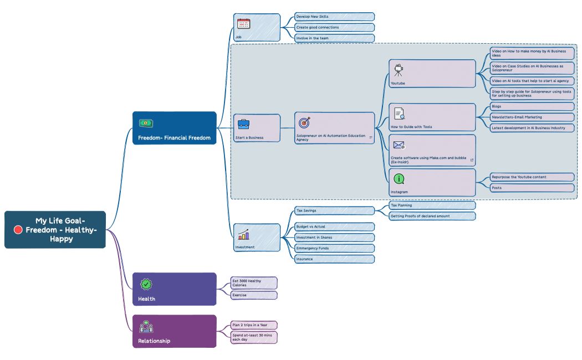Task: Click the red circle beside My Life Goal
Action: coord(18,230)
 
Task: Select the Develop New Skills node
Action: coord(334,17)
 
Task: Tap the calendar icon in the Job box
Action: coord(243,23)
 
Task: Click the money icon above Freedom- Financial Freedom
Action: coord(146,123)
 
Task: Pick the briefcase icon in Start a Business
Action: coord(243,124)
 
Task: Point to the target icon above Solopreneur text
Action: coord(304,122)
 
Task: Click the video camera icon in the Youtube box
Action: coord(399,70)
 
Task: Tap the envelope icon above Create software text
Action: coord(399,145)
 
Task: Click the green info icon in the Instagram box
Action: coord(399,179)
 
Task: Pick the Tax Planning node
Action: coord(432,205)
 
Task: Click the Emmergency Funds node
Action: coord(334,248)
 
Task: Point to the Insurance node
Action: coord(334,259)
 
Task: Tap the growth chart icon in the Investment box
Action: coord(243,234)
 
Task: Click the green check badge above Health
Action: coord(146,284)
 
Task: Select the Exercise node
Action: coord(253,295)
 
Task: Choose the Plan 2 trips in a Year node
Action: coord(253,325)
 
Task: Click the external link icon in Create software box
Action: coord(472,160)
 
